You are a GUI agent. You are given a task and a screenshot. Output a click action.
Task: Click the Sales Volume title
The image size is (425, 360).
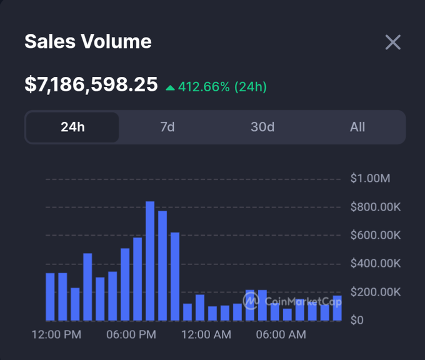tap(88, 42)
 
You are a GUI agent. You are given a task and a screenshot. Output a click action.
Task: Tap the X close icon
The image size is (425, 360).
tap(392, 42)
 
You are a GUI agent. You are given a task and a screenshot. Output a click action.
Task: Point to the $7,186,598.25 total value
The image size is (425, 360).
tap(91, 84)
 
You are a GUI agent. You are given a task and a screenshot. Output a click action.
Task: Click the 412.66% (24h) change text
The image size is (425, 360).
tap(222, 87)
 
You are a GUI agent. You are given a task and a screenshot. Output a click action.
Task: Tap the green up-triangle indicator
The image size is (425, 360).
tap(170, 87)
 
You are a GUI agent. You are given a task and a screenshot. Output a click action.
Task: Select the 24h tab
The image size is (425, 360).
tap(72, 127)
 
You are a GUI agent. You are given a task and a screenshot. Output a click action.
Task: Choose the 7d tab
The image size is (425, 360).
tap(167, 127)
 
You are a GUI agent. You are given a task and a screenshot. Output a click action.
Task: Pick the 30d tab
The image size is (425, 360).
tap(262, 127)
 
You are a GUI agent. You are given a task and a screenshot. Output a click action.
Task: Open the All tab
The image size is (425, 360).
tap(357, 127)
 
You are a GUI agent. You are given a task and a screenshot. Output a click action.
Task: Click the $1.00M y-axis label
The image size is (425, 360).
tap(370, 179)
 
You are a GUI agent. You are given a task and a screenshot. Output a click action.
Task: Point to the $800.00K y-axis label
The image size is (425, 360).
tap(375, 207)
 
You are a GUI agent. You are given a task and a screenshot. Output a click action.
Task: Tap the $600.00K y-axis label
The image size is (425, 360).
tap(375, 235)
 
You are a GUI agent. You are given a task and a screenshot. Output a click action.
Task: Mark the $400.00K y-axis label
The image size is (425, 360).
tap(375, 264)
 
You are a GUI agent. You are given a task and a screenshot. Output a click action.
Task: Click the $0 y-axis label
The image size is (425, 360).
tap(357, 320)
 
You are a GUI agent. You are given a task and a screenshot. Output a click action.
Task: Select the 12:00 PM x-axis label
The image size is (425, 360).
tap(56, 335)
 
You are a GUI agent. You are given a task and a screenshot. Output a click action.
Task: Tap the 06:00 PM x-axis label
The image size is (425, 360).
tap(131, 335)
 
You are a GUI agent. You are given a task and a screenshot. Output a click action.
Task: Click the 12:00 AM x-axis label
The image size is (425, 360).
tap(206, 335)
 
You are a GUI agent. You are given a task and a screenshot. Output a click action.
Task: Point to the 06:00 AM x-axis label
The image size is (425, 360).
tap(281, 335)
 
